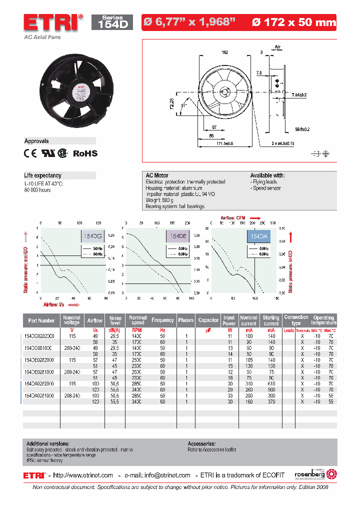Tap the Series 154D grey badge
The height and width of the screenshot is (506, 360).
click(112, 22)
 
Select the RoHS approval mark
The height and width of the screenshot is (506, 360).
click(85, 153)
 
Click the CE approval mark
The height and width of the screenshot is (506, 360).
click(30, 153)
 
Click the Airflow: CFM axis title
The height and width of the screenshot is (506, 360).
click(234, 217)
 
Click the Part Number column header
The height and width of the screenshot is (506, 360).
click(41, 320)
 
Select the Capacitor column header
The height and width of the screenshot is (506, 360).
click(208, 320)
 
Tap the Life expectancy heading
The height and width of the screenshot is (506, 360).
click(43, 175)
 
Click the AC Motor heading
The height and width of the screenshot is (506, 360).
click(157, 175)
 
